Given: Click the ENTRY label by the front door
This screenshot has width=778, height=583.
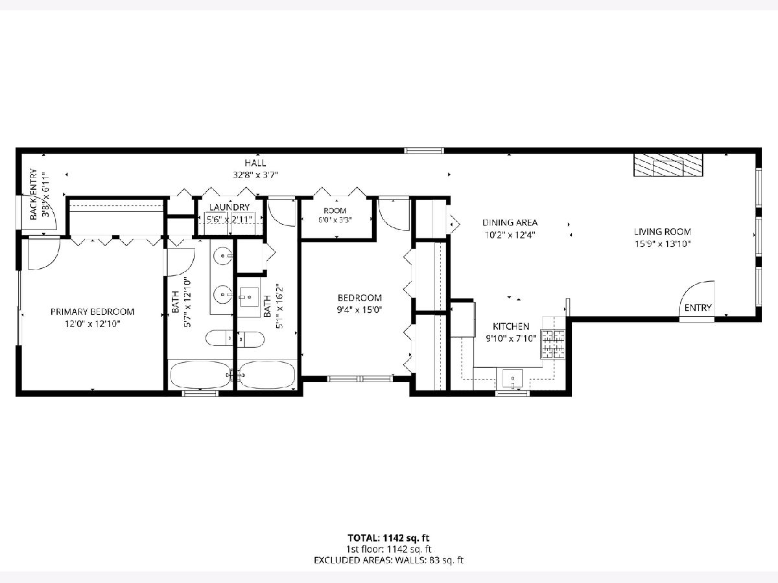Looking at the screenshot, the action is pyautogui.click(x=698, y=308).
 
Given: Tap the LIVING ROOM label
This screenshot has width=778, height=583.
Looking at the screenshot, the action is pyautogui.click(x=663, y=232).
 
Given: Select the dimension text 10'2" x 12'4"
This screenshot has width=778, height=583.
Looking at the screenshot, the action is pyautogui.click(x=510, y=234).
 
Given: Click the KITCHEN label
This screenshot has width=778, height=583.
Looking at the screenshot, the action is pyautogui.click(x=511, y=326).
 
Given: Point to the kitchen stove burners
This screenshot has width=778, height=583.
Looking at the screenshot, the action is pyautogui.click(x=552, y=343).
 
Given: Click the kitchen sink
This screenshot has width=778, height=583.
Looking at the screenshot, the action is pyautogui.click(x=512, y=378).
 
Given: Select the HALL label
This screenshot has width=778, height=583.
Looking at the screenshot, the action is pyautogui.click(x=255, y=163).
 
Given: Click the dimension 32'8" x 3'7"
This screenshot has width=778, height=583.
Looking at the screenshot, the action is pyautogui.click(x=255, y=175).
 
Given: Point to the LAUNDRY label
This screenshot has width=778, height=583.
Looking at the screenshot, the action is pyautogui.click(x=230, y=207).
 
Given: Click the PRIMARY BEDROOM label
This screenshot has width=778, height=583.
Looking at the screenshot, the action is pyautogui.click(x=93, y=312).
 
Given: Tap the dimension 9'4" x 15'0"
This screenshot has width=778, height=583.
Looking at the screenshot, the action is pyautogui.click(x=359, y=310).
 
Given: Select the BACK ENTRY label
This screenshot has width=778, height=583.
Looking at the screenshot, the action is pyautogui.click(x=33, y=194).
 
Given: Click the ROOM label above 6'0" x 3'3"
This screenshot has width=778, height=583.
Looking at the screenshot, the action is pyautogui.click(x=335, y=211).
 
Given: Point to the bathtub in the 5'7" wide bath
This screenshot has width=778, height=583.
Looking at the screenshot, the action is pyautogui.click(x=200, y=375).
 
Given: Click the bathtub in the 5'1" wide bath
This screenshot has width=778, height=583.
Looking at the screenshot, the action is pyautogui.click(x=266, y=375).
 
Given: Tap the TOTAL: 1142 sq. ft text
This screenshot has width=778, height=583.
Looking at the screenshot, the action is pyautogui.click(x=388, y=538).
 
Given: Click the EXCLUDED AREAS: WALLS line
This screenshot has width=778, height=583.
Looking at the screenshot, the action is pyautogui.click(x=388, y=560).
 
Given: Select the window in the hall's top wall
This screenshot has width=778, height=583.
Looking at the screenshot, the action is pyautogui.click(x=424, y=151).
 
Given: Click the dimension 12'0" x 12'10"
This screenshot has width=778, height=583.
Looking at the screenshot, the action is pyautogui.click(x=93, y=324).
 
